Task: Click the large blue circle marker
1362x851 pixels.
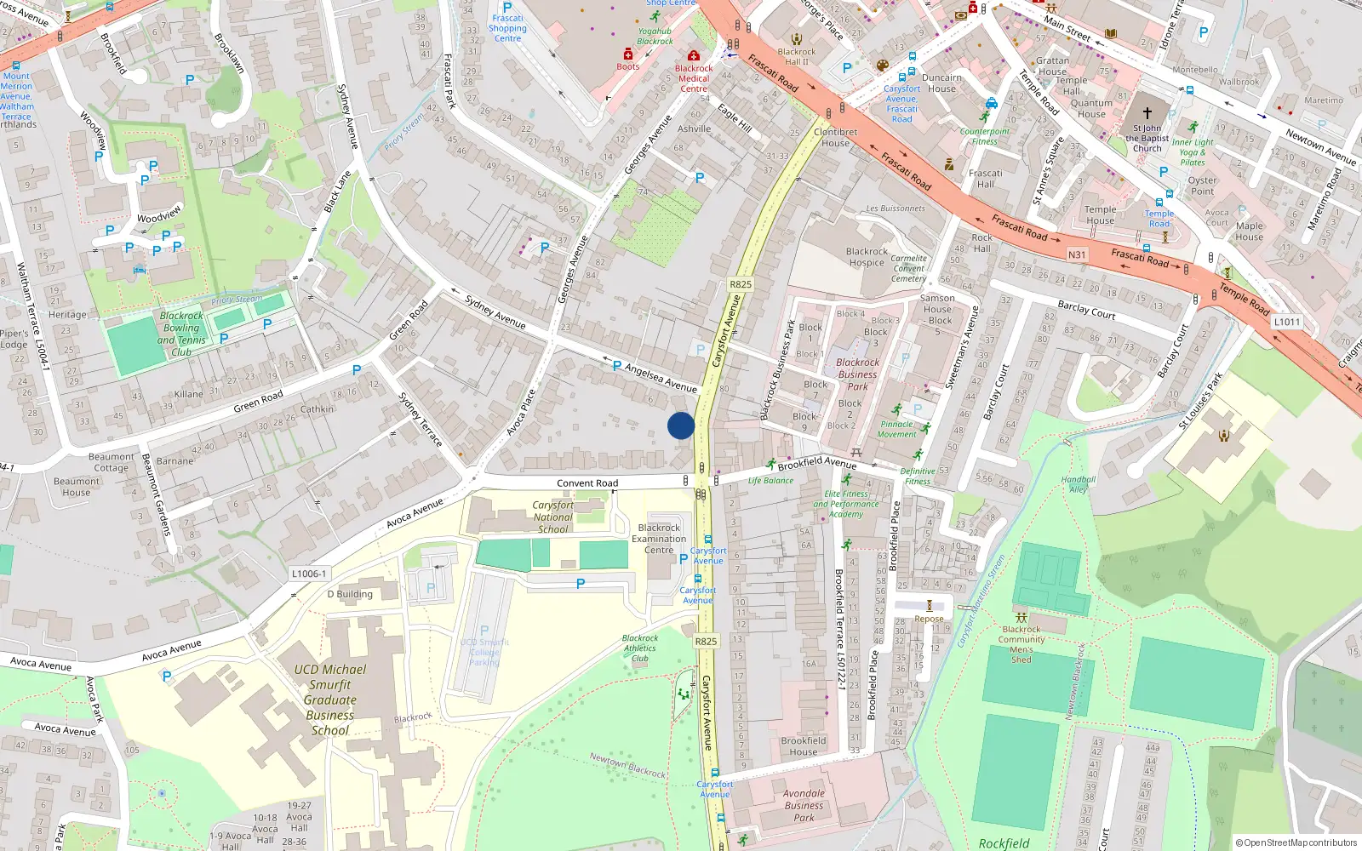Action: [681, 425]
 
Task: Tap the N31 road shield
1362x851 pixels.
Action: [1077, 254]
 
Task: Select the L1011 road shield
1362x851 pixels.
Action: [1287, 322]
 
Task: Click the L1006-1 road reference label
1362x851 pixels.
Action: [309, 574]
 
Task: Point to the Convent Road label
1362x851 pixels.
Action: [587, 483]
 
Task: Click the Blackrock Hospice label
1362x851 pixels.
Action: [867, 257]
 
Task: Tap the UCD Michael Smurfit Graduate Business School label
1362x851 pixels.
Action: [330, 700]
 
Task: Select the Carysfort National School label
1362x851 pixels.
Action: [553, 517]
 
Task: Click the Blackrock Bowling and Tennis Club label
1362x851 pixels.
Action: [181, 334]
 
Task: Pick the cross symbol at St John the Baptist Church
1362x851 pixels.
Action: [1147, 113]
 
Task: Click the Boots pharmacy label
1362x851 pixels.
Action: [628, 66]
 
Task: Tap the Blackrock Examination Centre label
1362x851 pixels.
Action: [659, 539]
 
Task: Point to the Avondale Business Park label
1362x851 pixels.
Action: [804, 805]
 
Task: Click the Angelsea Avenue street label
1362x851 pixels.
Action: [661, 378]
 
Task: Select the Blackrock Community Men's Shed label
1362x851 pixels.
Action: [1021, 644]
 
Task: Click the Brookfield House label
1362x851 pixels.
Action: [804, 746]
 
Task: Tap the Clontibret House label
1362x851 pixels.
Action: [836, 137]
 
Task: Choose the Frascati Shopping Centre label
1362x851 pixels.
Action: [507, 28]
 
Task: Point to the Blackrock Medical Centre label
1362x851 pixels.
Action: [694, 78]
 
